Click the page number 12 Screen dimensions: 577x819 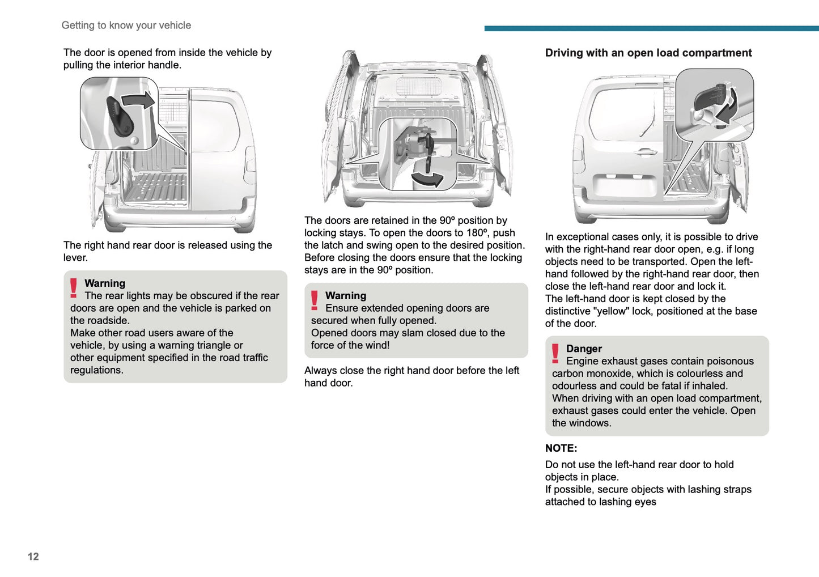pos(33,557)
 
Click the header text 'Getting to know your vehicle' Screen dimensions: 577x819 pos(126,26)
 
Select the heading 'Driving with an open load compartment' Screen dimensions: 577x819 pos(648,53)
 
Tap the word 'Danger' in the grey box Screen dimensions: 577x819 pos(584,349)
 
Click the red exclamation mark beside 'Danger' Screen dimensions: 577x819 pos(555,353)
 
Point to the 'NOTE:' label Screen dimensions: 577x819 pos(561,448)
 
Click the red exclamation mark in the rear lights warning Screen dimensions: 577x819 pos(74,288)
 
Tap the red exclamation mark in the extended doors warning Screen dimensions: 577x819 pos(315,300)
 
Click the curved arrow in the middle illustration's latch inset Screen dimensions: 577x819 pos(427,180)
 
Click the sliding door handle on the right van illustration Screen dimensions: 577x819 pos(645,152)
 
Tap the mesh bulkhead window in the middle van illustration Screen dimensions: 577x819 pos(418,87)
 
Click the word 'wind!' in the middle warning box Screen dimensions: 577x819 pos(375,345)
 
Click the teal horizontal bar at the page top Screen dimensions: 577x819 pos(651,28)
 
